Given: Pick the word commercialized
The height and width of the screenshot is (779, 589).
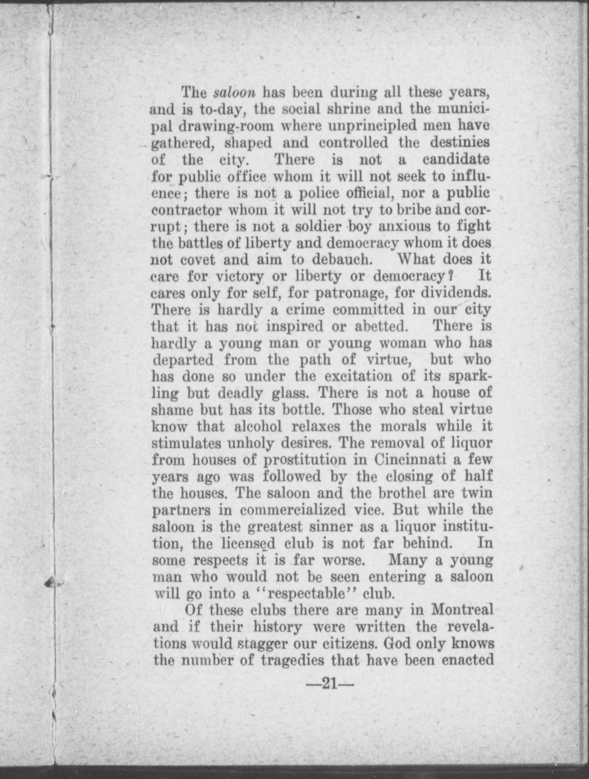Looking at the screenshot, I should pyautogui.click(x=293, y=510).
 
